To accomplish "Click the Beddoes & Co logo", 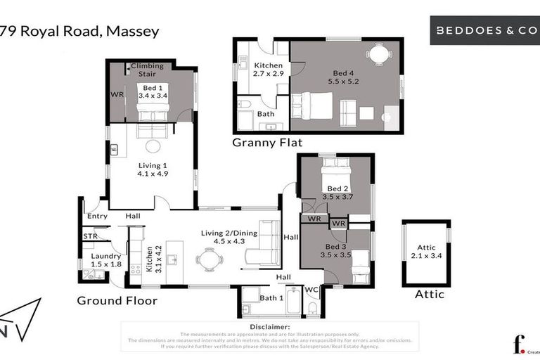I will click(484, 31).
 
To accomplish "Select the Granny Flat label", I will click(267, 143).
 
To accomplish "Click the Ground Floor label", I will click(117, 300).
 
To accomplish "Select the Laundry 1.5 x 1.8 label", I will click(106, 260).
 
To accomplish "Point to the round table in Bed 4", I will click(379, 54).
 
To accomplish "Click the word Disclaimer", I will click(269, 327).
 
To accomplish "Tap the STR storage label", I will click(90, 237).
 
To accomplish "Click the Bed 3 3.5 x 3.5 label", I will click(336, 251).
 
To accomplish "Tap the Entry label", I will click(97, 216).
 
